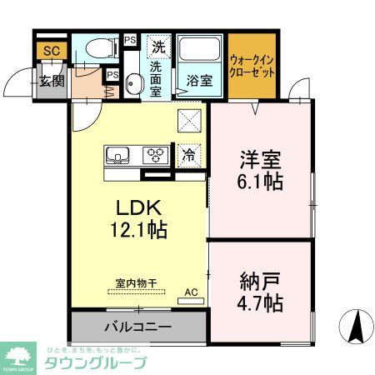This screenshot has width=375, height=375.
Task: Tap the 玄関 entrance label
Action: point(51,81)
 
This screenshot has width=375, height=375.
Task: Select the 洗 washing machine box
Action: point(157,47)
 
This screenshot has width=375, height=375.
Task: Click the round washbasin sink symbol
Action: point(134,82)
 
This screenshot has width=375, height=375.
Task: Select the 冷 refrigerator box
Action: point(190,154)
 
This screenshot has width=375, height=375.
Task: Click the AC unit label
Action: point(191,292)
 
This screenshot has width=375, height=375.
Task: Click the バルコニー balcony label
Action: point(137,326)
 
